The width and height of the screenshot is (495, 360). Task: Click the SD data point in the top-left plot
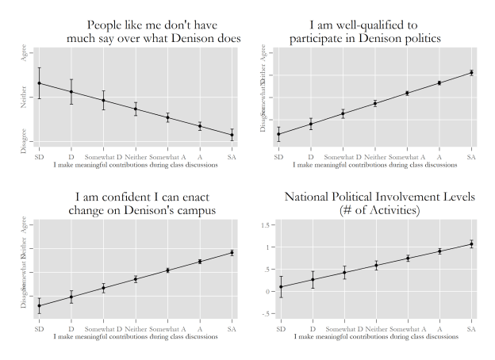(39, 83)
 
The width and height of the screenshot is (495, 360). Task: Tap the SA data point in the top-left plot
(232, 135)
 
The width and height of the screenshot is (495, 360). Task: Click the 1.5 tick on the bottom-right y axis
(266, 225)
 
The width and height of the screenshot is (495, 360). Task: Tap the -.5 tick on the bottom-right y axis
(265, 313)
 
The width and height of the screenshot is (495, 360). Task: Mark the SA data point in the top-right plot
(471, 73)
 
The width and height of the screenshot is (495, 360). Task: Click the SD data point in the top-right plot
(278, 134)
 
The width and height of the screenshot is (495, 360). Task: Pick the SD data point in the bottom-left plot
(39, 305)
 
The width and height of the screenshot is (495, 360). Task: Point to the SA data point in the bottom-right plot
(471, 244)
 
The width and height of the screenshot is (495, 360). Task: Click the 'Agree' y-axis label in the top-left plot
(24, 53)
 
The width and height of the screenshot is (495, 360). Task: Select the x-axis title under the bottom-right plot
(375, 337)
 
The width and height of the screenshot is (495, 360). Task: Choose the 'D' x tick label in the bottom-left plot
(71, 328)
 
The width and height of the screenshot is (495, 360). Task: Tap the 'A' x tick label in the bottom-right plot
(439, 328)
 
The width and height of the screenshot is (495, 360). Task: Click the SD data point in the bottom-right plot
(280, 287)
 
